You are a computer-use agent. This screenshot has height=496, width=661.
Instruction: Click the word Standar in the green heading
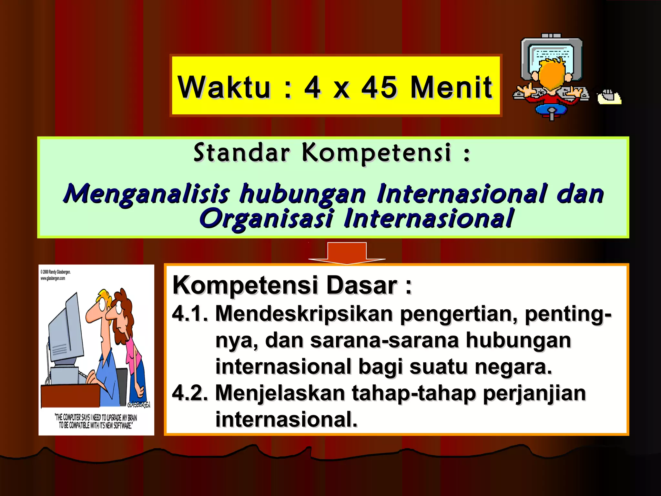242,152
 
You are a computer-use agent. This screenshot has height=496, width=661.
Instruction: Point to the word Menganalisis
146,194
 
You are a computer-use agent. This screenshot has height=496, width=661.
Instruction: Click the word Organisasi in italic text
266,219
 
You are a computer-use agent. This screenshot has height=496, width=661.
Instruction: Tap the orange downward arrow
347,253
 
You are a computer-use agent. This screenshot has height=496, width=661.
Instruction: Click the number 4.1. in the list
190,314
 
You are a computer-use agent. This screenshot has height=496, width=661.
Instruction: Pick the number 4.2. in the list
190,393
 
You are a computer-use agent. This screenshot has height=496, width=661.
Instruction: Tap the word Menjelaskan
280,393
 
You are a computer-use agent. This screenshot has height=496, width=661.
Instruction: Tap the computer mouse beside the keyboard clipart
608,97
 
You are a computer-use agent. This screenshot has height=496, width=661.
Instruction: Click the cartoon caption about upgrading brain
96,421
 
